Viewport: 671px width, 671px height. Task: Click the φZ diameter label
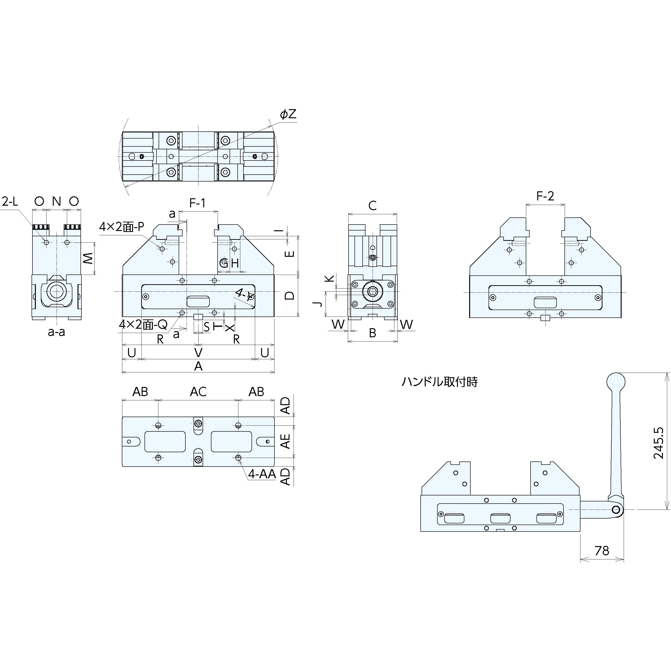[288, 114]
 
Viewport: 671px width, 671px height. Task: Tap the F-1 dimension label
[198, 203]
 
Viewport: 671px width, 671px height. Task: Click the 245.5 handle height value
[659, 443]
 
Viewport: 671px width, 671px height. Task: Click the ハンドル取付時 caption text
[440, 382]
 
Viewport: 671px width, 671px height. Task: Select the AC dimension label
[198, 392]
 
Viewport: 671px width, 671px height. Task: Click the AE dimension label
[285, 441]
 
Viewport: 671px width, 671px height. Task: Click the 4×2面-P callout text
[122, 227]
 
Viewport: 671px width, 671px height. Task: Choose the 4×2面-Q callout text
[143, 324]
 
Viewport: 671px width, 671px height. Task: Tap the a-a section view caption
[56, 332]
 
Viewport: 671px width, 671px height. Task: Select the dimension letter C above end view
[372, 206]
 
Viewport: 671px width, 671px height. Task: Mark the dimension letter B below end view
[372, 333]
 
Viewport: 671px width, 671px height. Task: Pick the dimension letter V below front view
[198, 353]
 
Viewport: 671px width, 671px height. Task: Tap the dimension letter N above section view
[56, 201]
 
